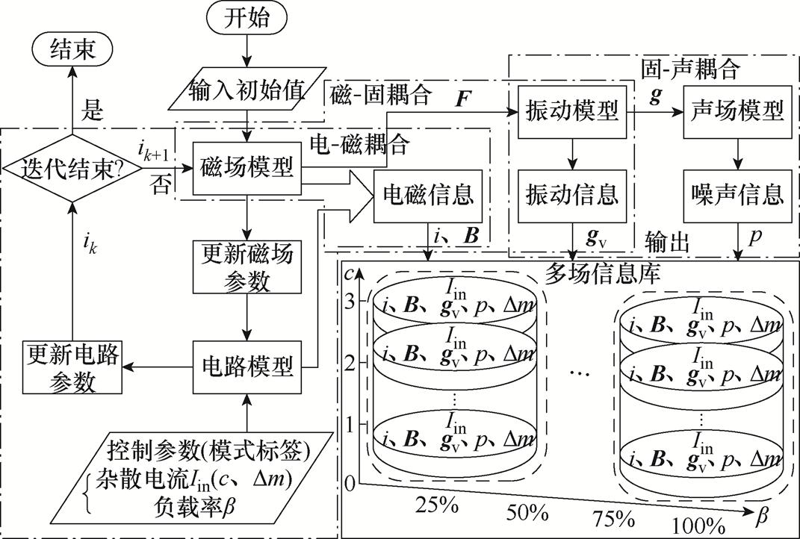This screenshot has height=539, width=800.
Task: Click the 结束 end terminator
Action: [71, 51]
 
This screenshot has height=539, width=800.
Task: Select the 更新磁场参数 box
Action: [246, 266]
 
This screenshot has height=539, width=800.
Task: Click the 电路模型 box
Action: [247, 366]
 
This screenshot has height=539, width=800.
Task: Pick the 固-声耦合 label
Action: [690, 69]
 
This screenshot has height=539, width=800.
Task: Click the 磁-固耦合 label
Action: [379, 94]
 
